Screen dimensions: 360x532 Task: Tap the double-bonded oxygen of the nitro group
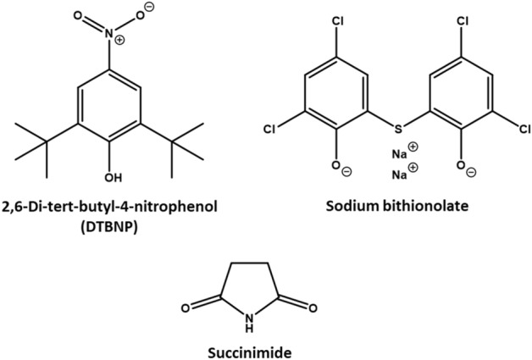pos(79,14)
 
